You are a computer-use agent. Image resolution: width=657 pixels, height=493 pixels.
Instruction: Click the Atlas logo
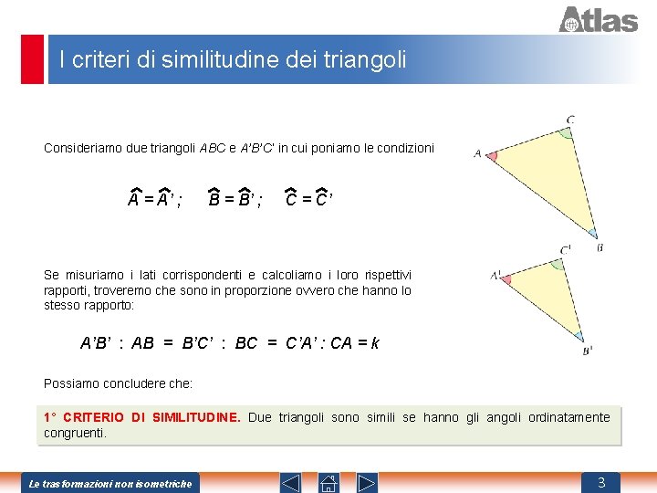pos(598,19)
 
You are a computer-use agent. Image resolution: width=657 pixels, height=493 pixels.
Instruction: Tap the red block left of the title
pos(33,59)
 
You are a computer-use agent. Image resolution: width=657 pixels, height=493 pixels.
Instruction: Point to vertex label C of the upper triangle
pos(570,120)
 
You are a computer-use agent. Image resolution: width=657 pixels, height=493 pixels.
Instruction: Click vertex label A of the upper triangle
pos(477,153)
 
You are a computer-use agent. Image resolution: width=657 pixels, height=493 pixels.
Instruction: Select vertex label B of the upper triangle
pos(600,246)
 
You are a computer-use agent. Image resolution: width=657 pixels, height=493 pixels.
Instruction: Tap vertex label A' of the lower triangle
pos(495,274)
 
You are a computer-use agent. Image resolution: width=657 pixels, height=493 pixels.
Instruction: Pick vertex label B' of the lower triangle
pos(588,350)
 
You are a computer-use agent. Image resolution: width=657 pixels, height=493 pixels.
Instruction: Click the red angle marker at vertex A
pos(493,156)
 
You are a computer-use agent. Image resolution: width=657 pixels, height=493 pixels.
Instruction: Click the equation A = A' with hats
pos(153,199)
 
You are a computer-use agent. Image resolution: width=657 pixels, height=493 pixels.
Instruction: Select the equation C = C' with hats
pos(308,199)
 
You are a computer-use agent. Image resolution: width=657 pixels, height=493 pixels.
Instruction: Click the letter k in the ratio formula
pos(375,344)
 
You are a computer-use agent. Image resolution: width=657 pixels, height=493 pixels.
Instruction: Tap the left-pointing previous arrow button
pos(290,482)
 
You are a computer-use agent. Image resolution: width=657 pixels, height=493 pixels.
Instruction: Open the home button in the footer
pos(328,482)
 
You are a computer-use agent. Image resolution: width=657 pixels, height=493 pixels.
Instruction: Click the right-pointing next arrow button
pos(367,482)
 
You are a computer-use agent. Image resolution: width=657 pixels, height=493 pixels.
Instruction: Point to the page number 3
pos(601,482)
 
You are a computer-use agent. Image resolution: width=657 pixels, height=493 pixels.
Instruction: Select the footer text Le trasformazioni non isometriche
pos(110,483)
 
